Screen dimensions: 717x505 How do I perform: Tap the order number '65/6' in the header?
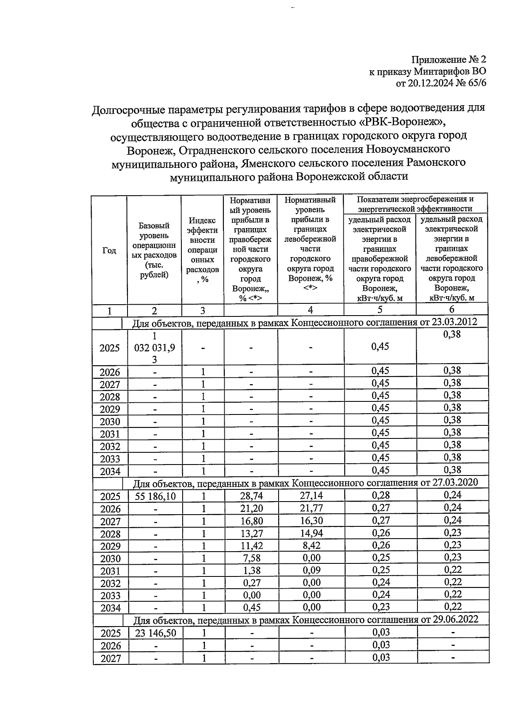[475, 83]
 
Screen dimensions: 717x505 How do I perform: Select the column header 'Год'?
[109, 250]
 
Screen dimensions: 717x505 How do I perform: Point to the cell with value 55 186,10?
[155, 497]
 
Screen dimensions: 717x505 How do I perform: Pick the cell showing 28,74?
[251, 497]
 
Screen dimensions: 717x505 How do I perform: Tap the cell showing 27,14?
[311, 496]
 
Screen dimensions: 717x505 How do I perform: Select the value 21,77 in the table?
[311, 508]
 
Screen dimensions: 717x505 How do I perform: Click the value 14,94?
[311, 533]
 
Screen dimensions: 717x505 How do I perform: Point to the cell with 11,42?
[251, 546]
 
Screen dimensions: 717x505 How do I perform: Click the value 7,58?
[251, 558]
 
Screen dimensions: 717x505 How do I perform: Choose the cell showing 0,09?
[311, 570]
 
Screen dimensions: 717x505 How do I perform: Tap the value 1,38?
[251, 571]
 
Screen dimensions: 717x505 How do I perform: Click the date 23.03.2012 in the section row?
[454, 322]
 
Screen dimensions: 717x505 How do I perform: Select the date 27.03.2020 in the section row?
[454, 482]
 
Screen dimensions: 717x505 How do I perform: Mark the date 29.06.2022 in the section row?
[454, 619]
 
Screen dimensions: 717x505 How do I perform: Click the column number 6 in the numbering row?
[452, 310]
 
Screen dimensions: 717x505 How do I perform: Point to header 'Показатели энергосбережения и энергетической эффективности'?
[415, 204]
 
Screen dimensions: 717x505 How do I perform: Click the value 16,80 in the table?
[251, 521]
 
